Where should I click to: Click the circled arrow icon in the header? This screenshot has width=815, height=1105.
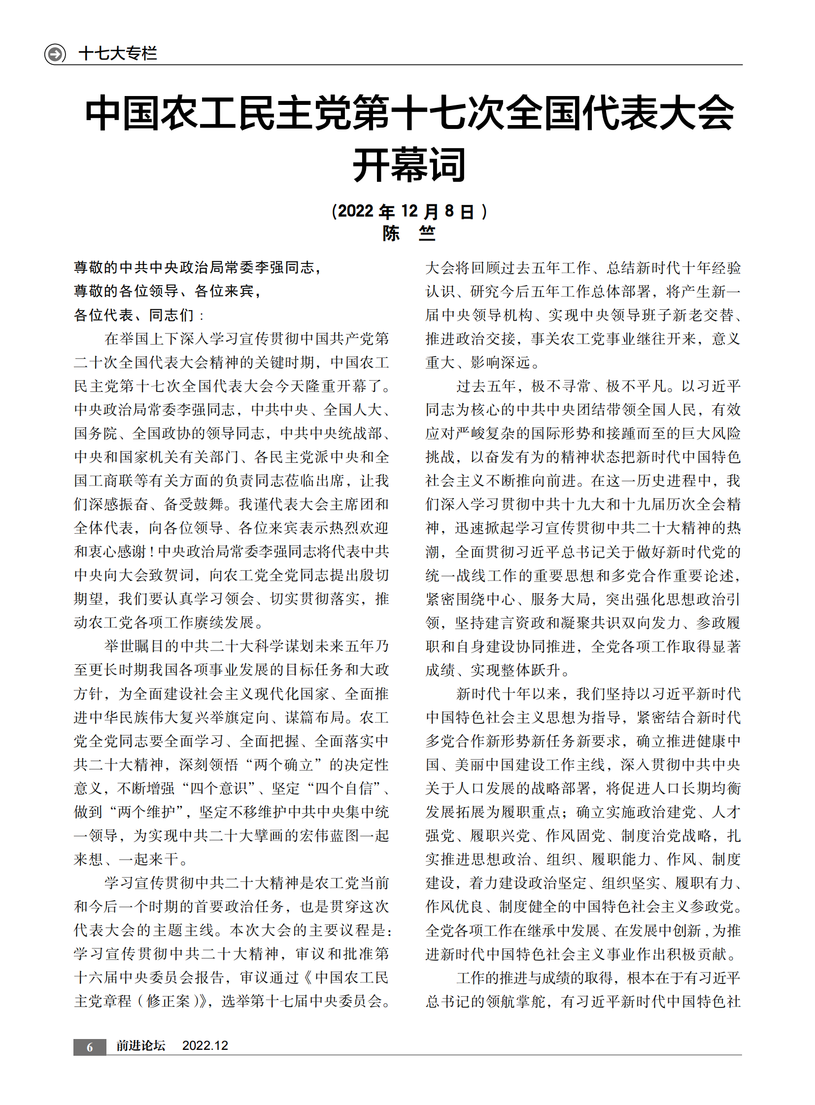55,53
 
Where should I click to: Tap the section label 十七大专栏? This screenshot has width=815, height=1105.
118,53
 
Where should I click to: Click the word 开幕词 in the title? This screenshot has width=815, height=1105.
408,164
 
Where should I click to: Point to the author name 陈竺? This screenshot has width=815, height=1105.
408,233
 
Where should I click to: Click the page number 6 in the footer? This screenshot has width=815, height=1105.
90,1047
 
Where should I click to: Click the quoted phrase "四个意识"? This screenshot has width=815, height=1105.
219,788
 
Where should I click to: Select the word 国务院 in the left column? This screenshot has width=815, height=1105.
96,433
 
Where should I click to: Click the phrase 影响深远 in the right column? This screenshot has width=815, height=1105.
500,362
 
